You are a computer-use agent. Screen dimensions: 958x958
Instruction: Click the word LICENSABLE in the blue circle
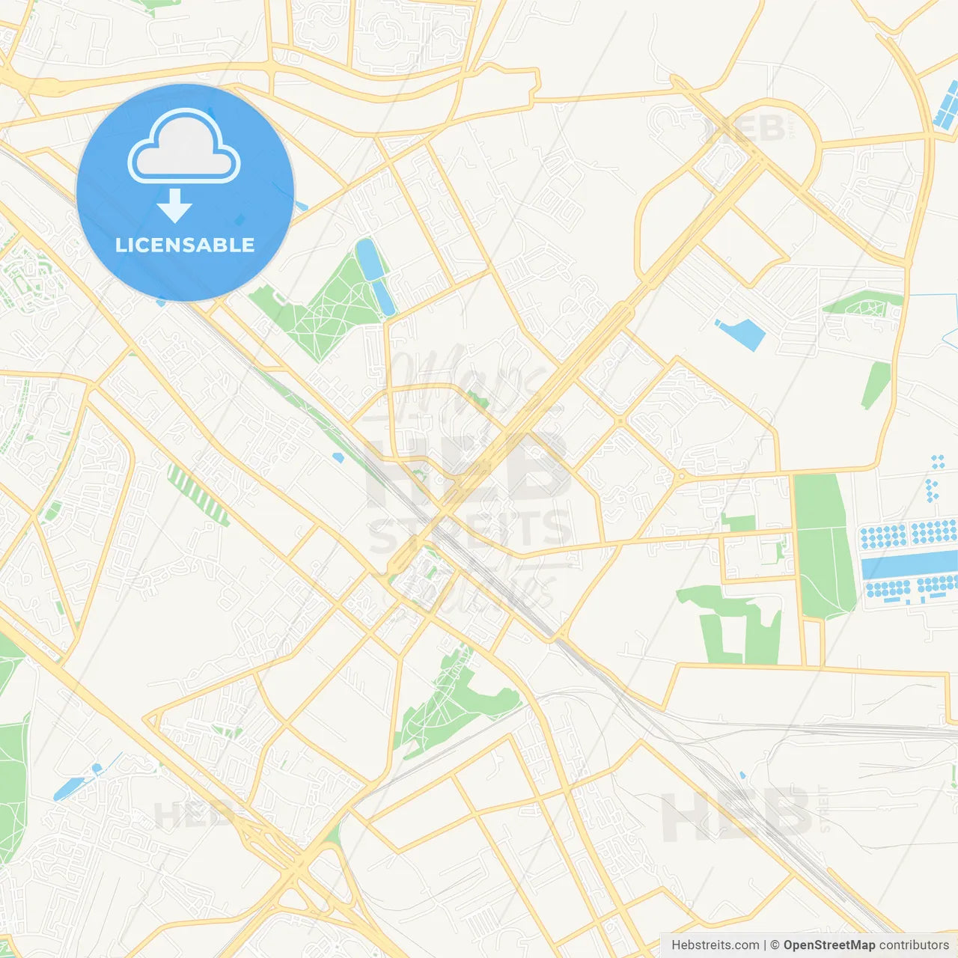point(185,245)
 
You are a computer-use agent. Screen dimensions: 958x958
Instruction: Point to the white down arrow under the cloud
point(175,206)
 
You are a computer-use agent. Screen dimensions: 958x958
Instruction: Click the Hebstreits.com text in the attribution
point(715,945)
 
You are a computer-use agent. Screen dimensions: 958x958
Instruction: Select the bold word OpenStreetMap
point(829,945)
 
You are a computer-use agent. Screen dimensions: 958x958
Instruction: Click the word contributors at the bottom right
point(913,945)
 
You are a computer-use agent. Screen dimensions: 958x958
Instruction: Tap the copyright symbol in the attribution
point(775,945)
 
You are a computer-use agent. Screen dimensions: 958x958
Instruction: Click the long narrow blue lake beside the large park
point(376,275)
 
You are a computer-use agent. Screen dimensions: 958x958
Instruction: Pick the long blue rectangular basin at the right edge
point(909,564)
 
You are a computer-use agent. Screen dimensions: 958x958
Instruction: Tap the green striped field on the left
point(198,495)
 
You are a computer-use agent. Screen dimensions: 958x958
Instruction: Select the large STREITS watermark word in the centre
point(470,530)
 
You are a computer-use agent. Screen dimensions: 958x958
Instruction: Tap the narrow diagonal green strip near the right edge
point(876,385)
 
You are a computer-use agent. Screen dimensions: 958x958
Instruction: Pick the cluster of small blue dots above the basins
point(933,479)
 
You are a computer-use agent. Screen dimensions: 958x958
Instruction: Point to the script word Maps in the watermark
point(464,382)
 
